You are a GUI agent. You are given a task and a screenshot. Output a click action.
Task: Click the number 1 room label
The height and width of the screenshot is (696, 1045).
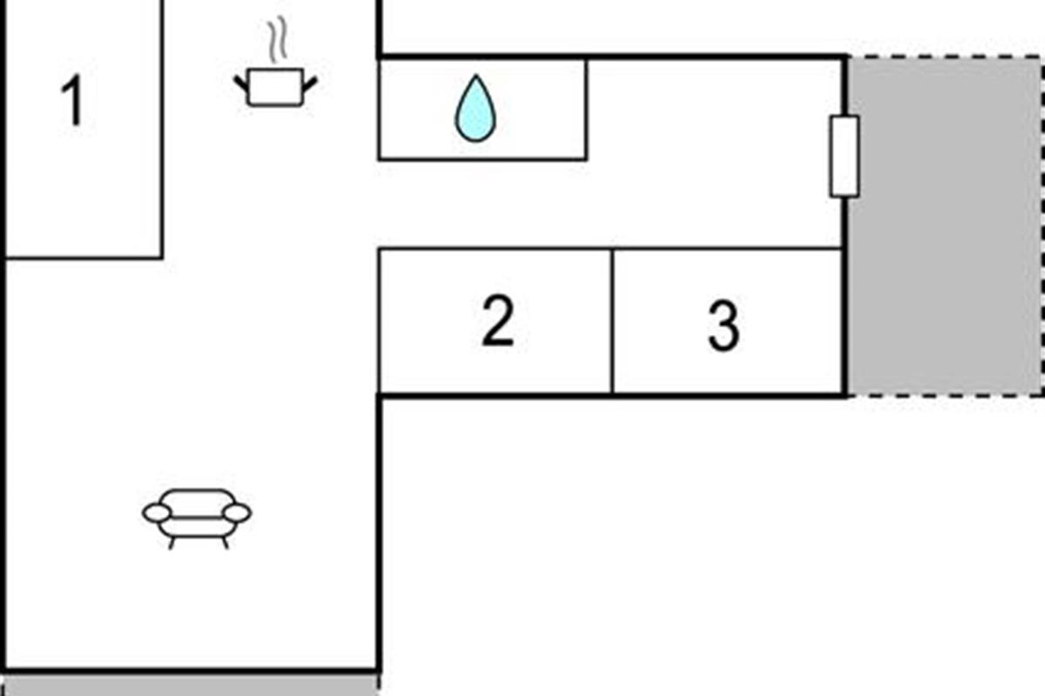pyautogui.click(x=73, y=101)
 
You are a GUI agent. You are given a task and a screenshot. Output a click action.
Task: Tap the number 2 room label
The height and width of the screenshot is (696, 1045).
pyautogui.click(x=498, y=320)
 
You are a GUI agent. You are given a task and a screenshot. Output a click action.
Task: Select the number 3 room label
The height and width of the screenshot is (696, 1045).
pyautogui.click(x=724, y=325)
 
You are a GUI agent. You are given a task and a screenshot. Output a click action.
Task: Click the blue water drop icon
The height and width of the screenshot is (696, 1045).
pyautogui.click(x=475, y=108)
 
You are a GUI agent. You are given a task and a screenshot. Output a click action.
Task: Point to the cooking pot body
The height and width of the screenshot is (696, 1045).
pyautogui.click(x=275, y=87)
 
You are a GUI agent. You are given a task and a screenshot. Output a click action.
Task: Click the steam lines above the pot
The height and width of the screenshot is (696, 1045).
pyautogui.click(x=278, y=40)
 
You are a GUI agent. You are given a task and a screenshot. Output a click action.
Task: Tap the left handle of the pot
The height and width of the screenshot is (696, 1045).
pyautogui.click(x=240, y=84)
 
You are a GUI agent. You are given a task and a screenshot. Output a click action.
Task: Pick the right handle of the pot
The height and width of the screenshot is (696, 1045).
pyautogui.click(x=310, y=84)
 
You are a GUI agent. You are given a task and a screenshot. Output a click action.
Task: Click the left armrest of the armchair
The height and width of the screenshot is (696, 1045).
pyautogui.click(x=157, y=513)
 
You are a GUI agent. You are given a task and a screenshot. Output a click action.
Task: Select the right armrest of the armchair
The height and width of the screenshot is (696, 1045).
pyautogui.click(x=237, y=513)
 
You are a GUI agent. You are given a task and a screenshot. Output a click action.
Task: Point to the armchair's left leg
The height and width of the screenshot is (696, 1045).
pyautogui.click(x=172, y=543)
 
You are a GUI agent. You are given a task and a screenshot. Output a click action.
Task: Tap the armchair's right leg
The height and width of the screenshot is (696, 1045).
pyautogui.click(x=226, y=543)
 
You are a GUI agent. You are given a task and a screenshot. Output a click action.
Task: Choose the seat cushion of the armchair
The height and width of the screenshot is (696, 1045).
pyautogui.click(x=197, y=527)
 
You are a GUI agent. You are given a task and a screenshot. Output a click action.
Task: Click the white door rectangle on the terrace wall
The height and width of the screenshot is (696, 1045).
pyautogui.click(x=844, y=157)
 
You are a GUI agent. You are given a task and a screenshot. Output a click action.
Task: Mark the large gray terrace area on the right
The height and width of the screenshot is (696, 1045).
pyautogui.click(x=945, y=226)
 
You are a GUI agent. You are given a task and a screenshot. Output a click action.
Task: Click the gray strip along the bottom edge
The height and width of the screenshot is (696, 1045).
pyautogui.click(x=191, y=686)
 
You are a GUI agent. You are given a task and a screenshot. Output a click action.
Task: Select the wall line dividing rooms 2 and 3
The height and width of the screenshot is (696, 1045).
pyautogui.click(x=612, y=322)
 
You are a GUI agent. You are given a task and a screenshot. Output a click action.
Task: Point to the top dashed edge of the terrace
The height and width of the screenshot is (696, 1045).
pyautogui.click(x=945, y=57)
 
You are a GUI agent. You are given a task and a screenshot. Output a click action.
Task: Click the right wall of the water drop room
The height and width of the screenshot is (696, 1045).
pyautogui.click(x=586, y=110)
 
